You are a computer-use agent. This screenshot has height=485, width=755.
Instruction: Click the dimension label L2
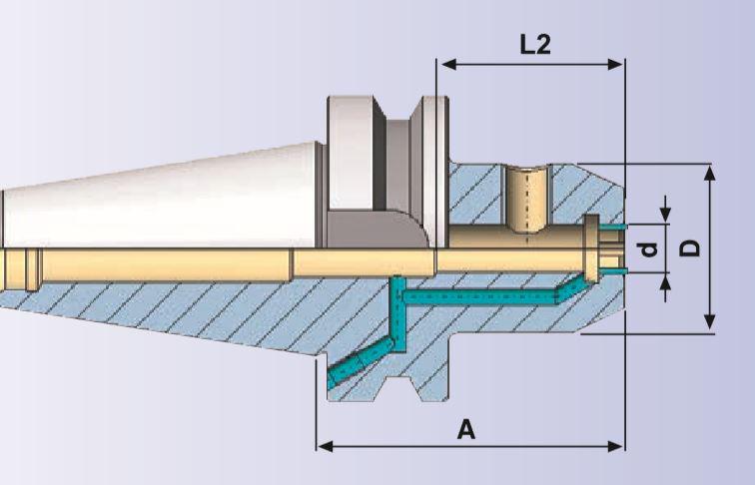tap(535, 44)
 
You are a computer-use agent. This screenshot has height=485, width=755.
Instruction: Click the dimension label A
tap(465, 430)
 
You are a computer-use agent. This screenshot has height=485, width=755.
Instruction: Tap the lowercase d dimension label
tap(650, 248)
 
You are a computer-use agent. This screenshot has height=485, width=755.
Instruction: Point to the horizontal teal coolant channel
tap(479, 296)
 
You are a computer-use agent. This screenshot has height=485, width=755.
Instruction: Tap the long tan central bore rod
tap(200, 263)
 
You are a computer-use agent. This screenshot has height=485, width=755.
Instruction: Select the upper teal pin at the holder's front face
tap(616, 228)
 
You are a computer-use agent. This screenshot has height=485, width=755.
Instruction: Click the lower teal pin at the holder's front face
tap(616, 270)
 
